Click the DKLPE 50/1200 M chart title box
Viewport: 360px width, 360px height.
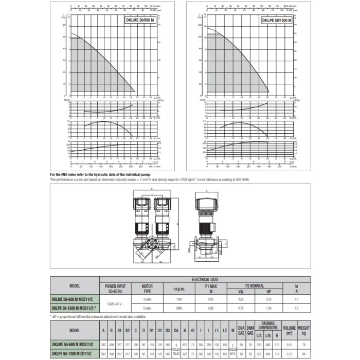click(277, 21)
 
